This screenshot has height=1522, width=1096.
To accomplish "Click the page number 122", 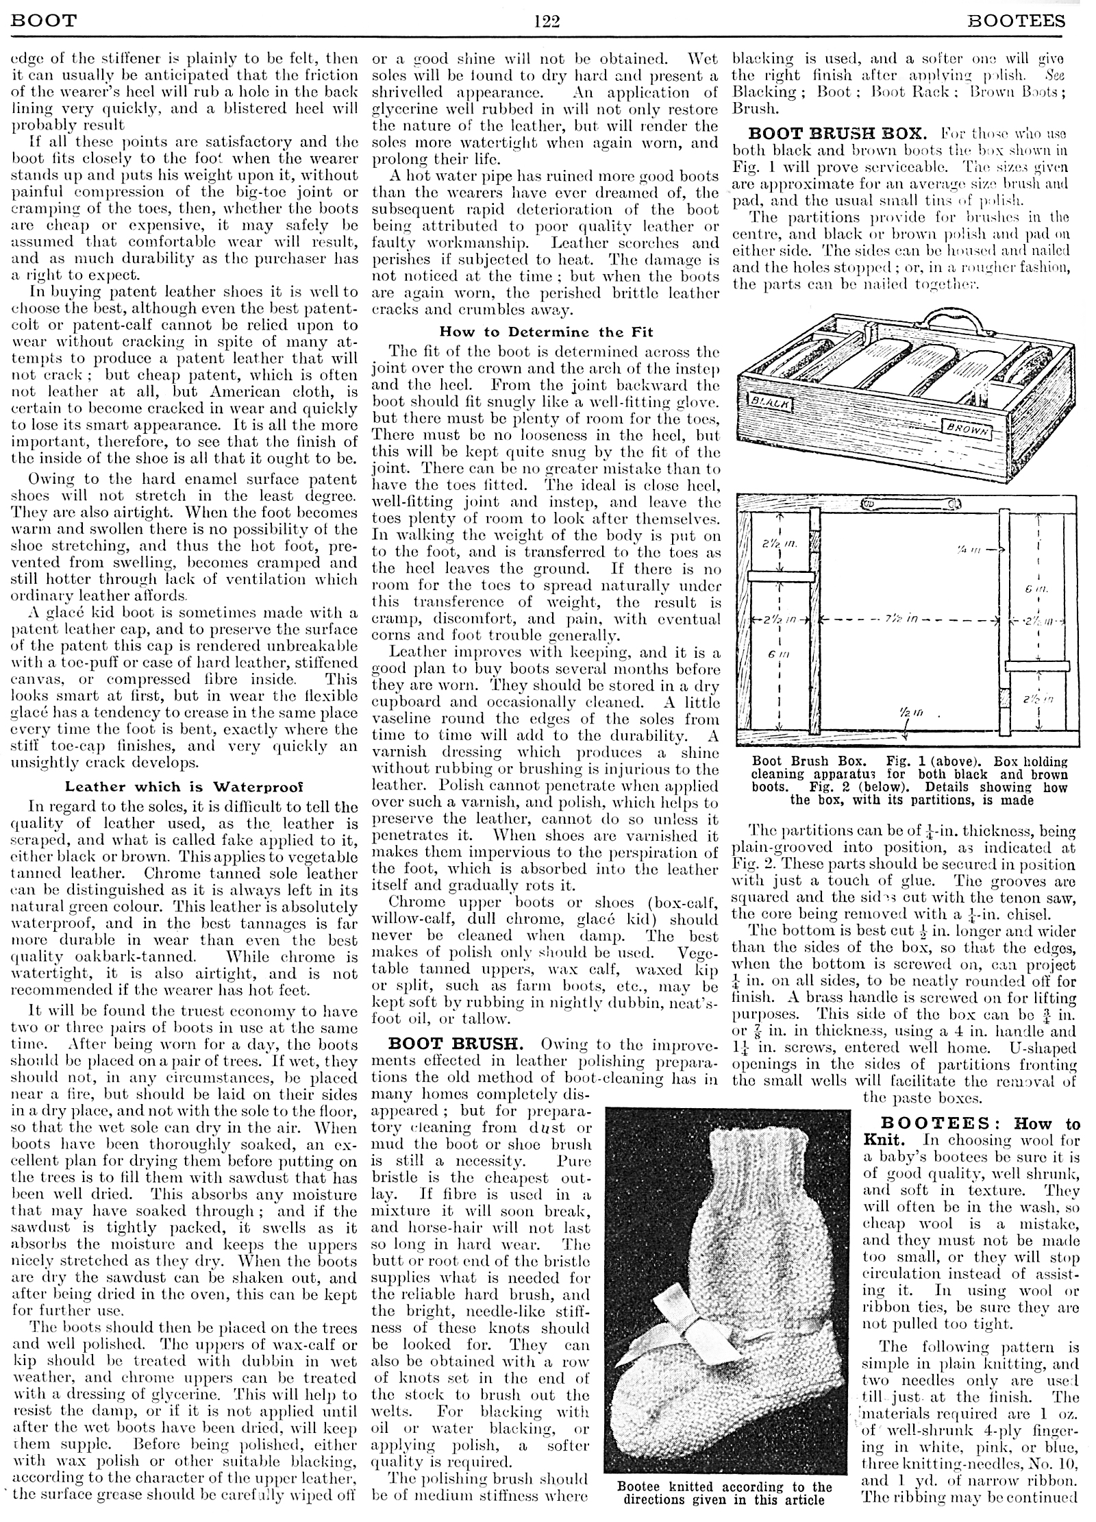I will (x=547, y=21).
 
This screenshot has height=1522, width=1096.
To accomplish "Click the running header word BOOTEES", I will (x=1017, y=21).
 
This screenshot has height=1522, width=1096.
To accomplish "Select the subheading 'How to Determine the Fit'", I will (x=546, y=332).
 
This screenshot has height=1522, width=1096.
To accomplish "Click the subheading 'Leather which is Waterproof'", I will (x=184, y=787).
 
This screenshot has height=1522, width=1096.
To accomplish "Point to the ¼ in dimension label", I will (x=965, y=549).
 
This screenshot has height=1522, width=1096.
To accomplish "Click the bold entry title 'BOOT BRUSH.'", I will (x=460, y=1044).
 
